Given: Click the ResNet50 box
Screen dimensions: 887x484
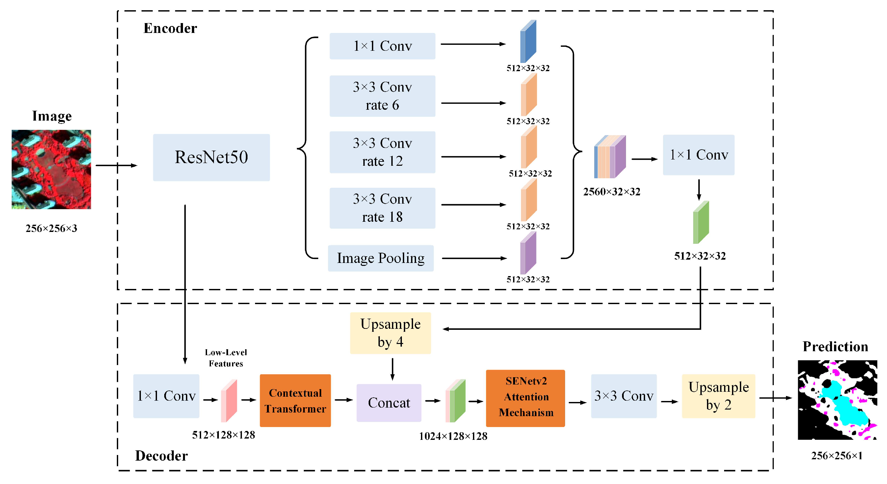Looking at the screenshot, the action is (211, 157).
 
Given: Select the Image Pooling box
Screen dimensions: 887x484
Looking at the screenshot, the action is (380, 258).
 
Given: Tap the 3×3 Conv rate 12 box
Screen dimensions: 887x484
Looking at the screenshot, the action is (382, 152).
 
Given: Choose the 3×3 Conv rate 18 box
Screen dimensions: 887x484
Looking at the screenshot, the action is (382, 208).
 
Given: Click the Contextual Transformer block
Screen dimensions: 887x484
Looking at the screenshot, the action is (295, 401).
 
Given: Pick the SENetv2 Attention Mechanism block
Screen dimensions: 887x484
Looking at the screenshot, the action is (525, 398).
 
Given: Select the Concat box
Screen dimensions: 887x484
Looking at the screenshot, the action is (389, 403).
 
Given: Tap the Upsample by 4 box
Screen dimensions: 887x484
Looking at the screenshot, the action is (390, 333).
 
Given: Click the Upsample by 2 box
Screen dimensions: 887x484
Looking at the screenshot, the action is (718, 396).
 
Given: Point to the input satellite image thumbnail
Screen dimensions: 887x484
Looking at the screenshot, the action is (51, 169).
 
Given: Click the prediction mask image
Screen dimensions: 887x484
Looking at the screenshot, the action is (837, 400).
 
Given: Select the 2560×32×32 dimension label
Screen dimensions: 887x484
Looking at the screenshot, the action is (612, 192).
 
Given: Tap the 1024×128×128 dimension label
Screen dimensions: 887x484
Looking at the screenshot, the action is (453, 436).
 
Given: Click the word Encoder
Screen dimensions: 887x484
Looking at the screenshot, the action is (170, 28).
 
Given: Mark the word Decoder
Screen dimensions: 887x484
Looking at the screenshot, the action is (161, 456).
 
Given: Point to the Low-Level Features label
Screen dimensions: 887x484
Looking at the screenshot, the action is (226, 358).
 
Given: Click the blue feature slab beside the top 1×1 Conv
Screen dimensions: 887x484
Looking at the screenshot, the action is (528, 42).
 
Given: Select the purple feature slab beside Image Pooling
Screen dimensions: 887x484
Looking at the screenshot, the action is (528, 253).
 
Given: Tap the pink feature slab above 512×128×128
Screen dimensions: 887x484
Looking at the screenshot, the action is (229, 401).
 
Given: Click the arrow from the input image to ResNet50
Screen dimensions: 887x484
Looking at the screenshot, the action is (117, 165).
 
